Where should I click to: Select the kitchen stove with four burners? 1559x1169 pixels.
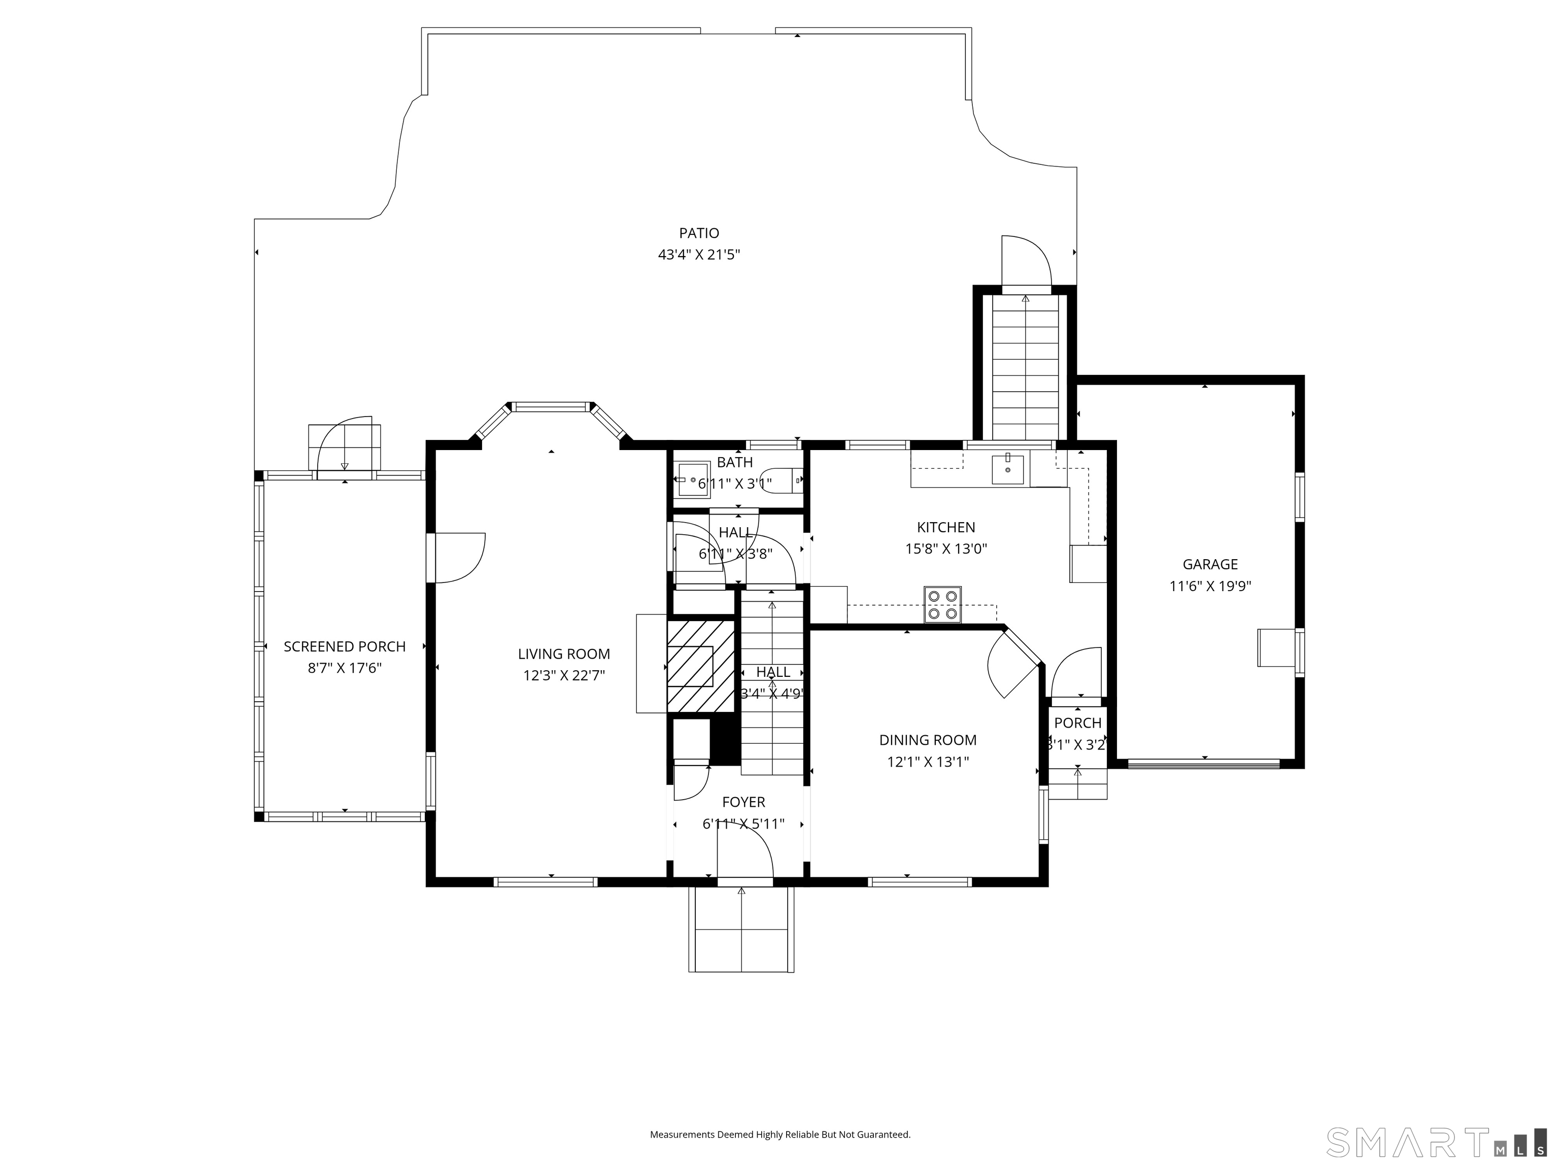(942, 605)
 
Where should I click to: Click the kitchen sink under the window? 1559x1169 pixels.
(1007, 469)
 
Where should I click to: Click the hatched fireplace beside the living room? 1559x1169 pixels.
(700, 665)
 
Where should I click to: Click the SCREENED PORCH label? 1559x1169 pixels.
(344, 646)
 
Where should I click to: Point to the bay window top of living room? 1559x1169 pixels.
(551, 406)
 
